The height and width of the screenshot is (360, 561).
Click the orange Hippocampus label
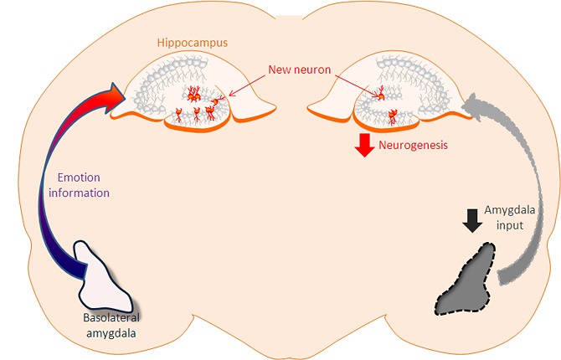click(193, 43)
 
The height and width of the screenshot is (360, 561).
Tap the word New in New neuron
click(279, 69)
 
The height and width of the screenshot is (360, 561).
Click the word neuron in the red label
click(311, 69)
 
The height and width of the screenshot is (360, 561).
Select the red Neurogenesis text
click(414, 146)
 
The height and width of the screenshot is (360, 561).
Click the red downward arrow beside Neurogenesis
click(364, 145)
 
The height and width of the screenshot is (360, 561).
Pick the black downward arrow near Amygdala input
click(472, 221)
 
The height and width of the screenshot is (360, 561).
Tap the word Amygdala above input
click(509, 210)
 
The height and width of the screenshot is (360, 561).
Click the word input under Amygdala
click(510, 226)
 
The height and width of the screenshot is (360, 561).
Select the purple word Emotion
click(79, 177)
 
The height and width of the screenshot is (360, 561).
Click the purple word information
click(79, 193)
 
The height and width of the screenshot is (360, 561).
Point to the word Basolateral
click(111, 317)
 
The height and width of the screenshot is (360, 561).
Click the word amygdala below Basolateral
click(111, 333)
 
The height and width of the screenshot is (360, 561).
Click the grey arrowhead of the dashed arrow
click(471, 106)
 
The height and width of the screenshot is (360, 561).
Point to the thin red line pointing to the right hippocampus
click(356, 85)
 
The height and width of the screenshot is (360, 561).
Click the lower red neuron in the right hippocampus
click(393, 116)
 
